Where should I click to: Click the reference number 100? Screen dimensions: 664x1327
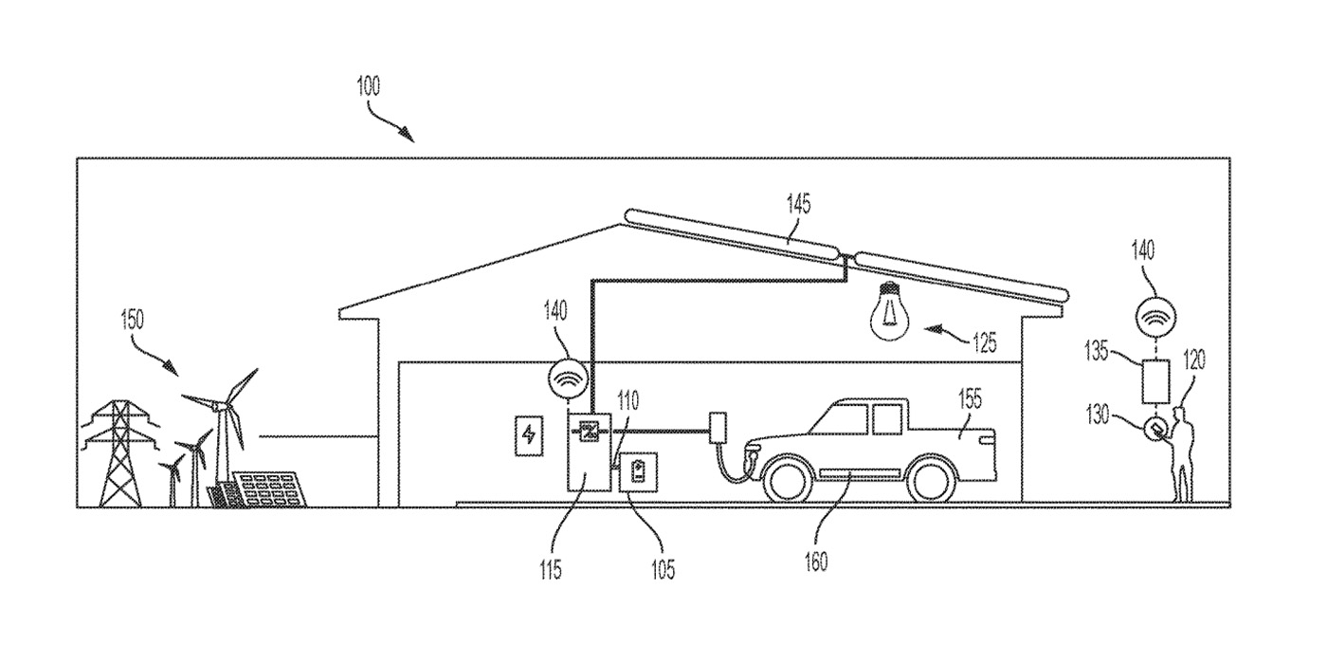coord(368,87)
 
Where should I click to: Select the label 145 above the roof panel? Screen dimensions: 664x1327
coord(798,204)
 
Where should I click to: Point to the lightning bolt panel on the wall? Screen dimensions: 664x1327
coord(527,435)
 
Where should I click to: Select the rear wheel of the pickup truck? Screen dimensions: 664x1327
coord(933,478)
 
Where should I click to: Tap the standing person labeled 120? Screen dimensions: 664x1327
coord(1181,451)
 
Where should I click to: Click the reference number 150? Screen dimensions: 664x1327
coord(132,320)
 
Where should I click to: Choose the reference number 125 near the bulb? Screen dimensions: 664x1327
coord(984,343)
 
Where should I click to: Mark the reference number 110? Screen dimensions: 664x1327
coord(627,400)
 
